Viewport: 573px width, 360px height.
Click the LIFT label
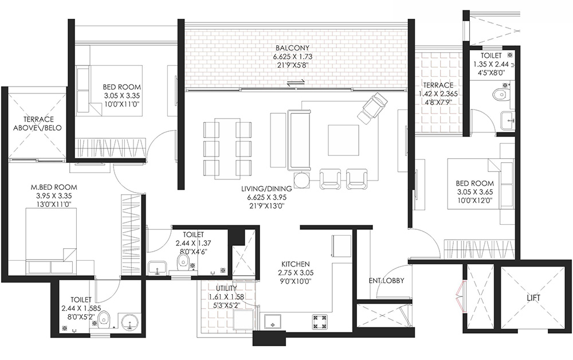click(533, 298)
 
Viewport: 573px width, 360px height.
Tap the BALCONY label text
click(292, 48)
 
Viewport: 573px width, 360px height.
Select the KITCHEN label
click(296, 264)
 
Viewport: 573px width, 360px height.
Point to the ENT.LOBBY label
click(386, 280)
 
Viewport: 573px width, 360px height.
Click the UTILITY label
click(226, 288)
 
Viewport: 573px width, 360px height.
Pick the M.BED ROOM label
click(54, 187)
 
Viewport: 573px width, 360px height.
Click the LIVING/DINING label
click(266, 189)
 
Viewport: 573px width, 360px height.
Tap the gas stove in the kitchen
click(320, 321)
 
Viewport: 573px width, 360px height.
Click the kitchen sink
click(272, 320)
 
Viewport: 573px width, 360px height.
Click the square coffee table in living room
click(343, 140)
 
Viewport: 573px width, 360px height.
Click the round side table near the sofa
click(302, 180)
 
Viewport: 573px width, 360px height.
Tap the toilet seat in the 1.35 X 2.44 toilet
click(500, 94)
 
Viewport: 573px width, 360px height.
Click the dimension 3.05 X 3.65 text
click(474, 192)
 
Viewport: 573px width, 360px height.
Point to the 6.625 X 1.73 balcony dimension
click(292, 57)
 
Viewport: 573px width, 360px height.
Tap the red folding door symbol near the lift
click(461, 296)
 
